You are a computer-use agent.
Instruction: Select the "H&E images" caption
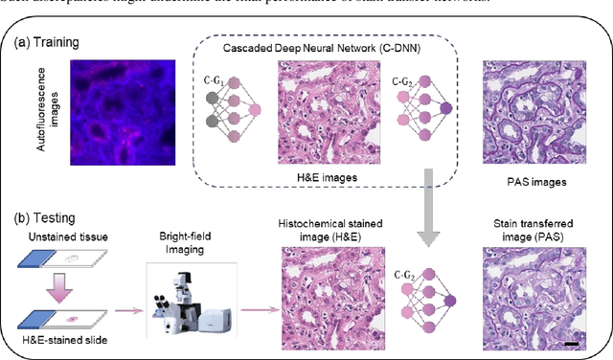(329, 179)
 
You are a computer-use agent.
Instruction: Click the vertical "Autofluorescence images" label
(36, 112)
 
